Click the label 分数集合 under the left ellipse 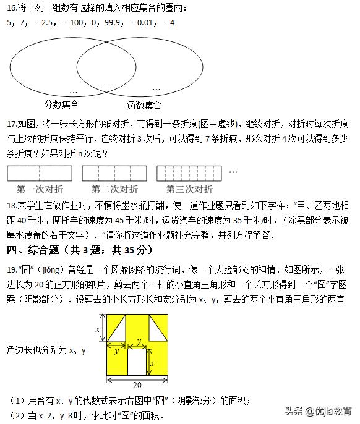(x=61, y=104)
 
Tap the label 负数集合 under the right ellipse (x=144, y=104)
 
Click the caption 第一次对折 (x=40, y=189)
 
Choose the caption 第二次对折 (x=114, y=189)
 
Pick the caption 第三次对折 (x=189, y=189)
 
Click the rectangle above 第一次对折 (x=40, y=172)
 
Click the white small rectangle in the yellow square (x=137, y=362)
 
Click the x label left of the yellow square (x=97, y=329)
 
